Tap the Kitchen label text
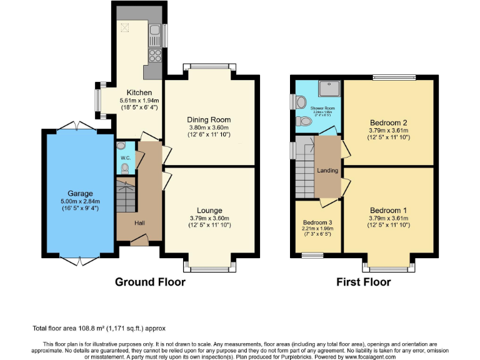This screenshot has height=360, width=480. (x=139, y=92)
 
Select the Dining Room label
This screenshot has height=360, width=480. (x=209, y=119)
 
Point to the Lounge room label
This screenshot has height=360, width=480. (x=209, y=210)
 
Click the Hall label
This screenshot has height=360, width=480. (x=141, y=222)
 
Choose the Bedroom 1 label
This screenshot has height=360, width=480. (x=388, y=210)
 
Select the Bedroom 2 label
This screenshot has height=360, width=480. (x=388, y=122)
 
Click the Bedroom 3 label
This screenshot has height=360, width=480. (x=317, y=222)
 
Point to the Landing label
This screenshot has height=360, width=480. (x=327, y=171)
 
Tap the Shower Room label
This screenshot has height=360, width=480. (x=322, y=108)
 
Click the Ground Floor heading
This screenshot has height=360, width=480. (x=150, y=282)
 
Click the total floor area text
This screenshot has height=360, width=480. (x=99, y=328)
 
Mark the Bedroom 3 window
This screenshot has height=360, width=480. (x=312, y=255)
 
